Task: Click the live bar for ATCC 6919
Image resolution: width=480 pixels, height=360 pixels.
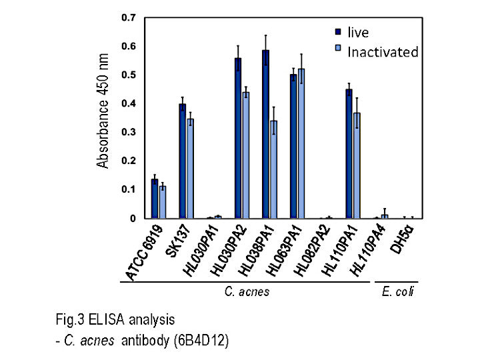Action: pos(155,199)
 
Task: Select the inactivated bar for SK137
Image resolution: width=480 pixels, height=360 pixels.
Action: pos(191,169)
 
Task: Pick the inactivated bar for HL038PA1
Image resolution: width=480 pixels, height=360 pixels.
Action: pos(274,169)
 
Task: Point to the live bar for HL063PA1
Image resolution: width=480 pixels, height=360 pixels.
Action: pos(293,147)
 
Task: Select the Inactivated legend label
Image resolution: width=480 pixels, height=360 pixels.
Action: pos(383,51)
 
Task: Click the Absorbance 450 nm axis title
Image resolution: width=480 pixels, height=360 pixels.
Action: pos(103,117)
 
